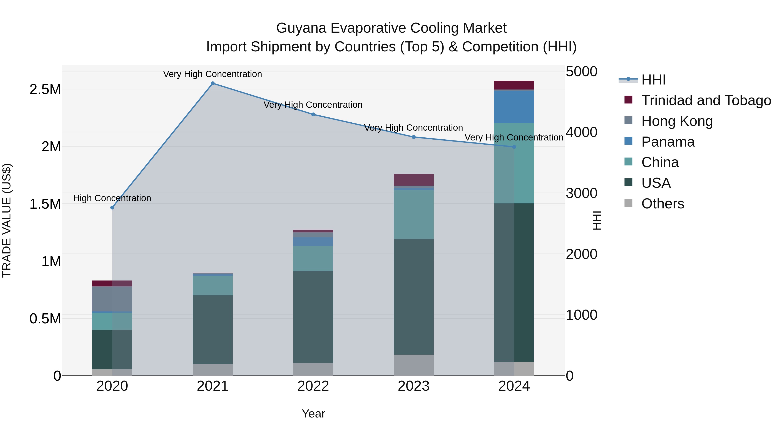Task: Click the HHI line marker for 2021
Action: click(212, 83)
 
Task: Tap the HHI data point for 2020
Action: click(112, 208)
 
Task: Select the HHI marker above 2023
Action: click(413, 137)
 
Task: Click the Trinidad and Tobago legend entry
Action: click(706, 100)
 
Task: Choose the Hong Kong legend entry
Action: click(677, 121)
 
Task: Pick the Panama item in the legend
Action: click(668, 142)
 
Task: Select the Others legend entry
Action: click(663, 204)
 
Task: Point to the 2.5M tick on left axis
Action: click(45, 90)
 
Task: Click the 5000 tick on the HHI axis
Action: click(581, 72)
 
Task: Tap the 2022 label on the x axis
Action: click(313, 386)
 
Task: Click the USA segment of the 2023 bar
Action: click(413, 297)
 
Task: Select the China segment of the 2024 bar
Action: click(514, 163)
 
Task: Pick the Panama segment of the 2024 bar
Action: click(514, 106)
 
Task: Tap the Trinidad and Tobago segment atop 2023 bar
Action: click(413, 180)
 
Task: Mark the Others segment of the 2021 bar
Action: click(212, 370)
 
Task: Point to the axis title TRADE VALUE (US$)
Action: click(7, 220)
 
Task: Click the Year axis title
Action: click(313, 414)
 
